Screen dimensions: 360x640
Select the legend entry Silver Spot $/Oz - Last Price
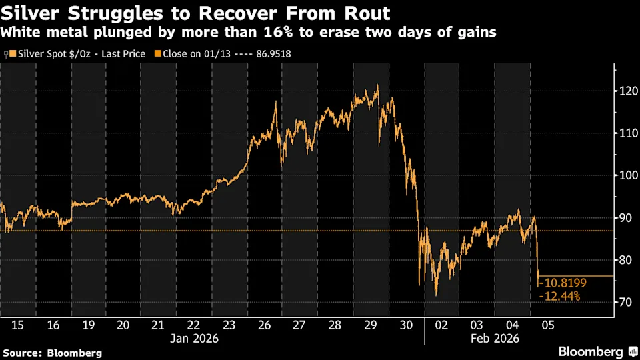tap(77, 54)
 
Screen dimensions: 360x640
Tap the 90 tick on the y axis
tap(627, 217)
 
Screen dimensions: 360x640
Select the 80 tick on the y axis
tap(627, 260)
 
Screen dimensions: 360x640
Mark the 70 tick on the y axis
tap(627, 302)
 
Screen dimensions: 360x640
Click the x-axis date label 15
tap(18, 325)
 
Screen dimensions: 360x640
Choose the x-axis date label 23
tap(229, 325)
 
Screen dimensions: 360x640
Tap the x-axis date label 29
tap(370, 325)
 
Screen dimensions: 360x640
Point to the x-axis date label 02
tap(441, 325)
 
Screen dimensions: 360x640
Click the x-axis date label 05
tap(548, 325)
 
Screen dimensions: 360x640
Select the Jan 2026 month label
tap(193, 338)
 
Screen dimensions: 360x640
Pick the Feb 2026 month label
tap(495, 338)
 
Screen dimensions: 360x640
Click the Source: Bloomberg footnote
tap(53, 352)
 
